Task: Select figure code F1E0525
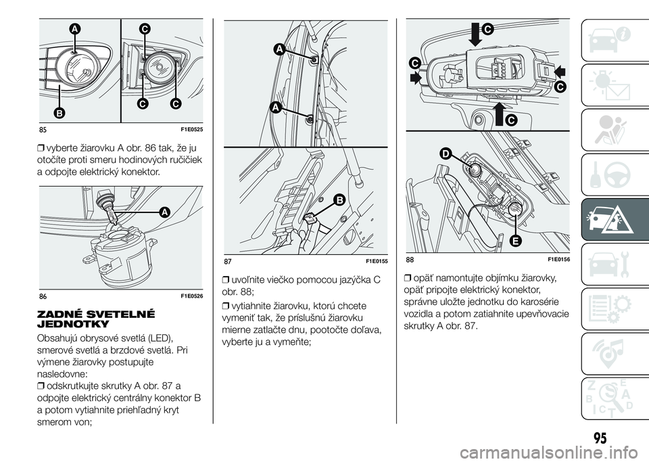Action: (x=193, y=129)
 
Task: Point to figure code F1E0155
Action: (x=377, y=260)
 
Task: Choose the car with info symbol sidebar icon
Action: (x=615, y=37)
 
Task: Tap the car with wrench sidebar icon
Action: (x=615, y=260)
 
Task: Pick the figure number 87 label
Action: (x=230, y=260)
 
